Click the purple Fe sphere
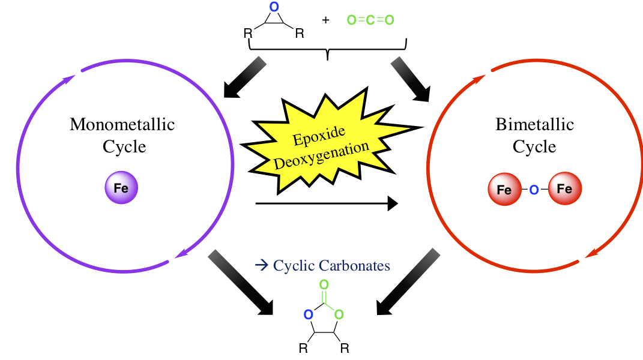[122, 188]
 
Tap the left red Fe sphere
[505, 190]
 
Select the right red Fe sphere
[564, 190]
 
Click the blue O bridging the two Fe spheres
[534, 190]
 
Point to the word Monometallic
[122, 125]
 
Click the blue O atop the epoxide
[274, 8]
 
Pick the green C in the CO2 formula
[370, 20]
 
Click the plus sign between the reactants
[325, 20]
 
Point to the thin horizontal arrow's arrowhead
[393, 204]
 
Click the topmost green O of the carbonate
[324, 284]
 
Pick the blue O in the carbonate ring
[308, 314]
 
